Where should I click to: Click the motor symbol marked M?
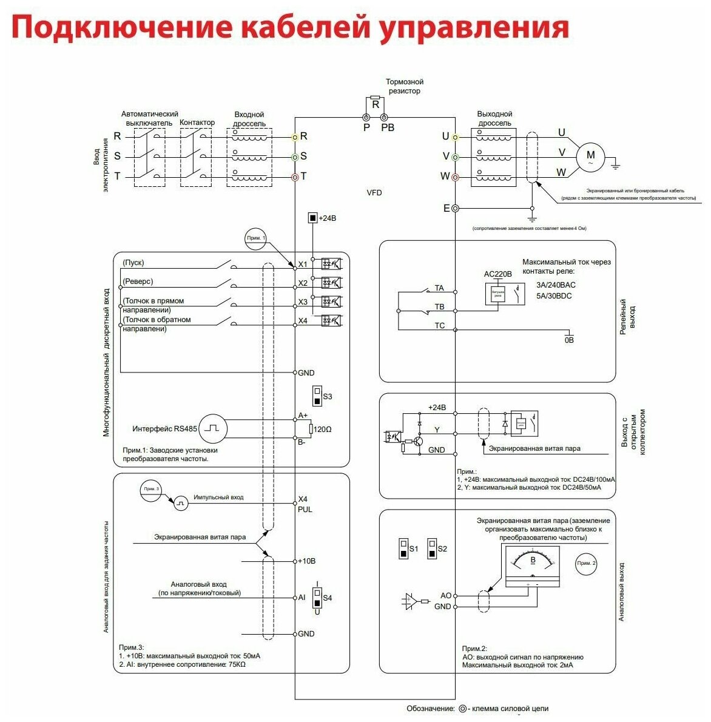pyautogui.click(x=590, y=156)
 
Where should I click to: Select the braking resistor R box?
pyautogui.click(x=376, y=104)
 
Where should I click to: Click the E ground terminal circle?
pyautogui.click(x=455, y=209)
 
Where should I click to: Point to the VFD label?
pyautogui.click(x=374, y=193)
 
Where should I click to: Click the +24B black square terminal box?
pyautogui.click(x=312, y=218)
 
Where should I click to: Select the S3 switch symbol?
pyautogui.click(x=317, y=396)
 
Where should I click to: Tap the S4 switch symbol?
pyautogui.click(x=317, y=597)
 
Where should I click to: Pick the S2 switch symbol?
pyautogui.click(x=432, y=548)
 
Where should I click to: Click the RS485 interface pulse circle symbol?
pyautogui.click(x=213, y=428)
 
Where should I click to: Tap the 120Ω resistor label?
pyautogui.click(x=322, y=429)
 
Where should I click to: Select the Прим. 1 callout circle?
pyautogui.click(x=256, y=238)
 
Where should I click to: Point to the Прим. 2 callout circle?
pyautogui.click(x=586, y=563)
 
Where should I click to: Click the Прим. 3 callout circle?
pyautogui.click(x=150, y=489)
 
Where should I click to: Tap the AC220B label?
pyautogui.click(x=497, y=274)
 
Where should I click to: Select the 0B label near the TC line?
pyautogui.click(x=568, y=340)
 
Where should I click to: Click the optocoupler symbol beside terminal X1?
pyautogui.click(x=331, y=264)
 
